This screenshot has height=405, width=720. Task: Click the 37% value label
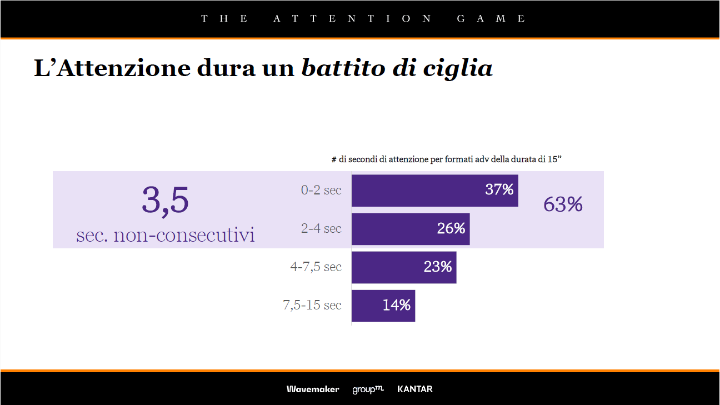(499, 190)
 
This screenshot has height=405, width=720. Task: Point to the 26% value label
(451, 228)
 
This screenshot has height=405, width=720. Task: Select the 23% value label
(437, 267)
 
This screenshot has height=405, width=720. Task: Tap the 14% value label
(396, 305)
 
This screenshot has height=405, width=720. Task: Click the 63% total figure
(563, 205)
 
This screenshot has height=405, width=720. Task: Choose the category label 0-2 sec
(321, 190)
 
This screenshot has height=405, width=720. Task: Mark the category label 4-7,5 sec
(316, 267)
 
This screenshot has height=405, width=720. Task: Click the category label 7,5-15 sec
(312, 305)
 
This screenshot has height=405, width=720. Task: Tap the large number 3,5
(165, 201)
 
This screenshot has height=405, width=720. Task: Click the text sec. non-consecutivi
(166, 235)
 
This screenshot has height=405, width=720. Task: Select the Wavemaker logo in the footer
(313, 389)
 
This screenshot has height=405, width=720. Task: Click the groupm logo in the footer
(368, 389)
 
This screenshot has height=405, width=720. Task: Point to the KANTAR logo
(415, 389)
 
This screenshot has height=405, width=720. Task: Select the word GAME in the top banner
(491, 18)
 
